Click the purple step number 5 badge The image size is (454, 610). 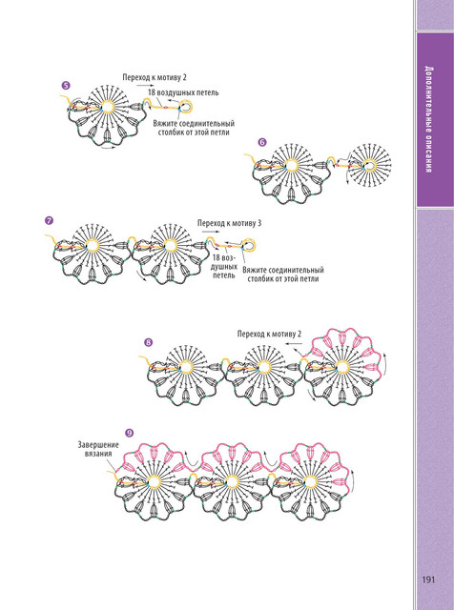pyautogui.click(x=66, y=85)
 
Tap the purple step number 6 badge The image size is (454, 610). pyautogui.click(x=262, y=143)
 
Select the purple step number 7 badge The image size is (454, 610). pyautogui.click(x=49, y=220)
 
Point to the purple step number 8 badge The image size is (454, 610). pyautogui.click(x=149, y=342)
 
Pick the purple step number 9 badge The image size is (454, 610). pyautogui.click(x=130, y=433)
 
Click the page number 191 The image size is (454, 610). pyautogui.click(x=428, y=579)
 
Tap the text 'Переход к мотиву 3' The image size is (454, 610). pyautogui.click(x=229, y=223)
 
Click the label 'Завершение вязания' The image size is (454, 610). pyautogui.click(x=98, y=449)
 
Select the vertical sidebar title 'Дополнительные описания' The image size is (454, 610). pyautogui.click(x=428, y=119)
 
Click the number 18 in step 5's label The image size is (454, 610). pyautogui.click(x=151, y=92)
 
